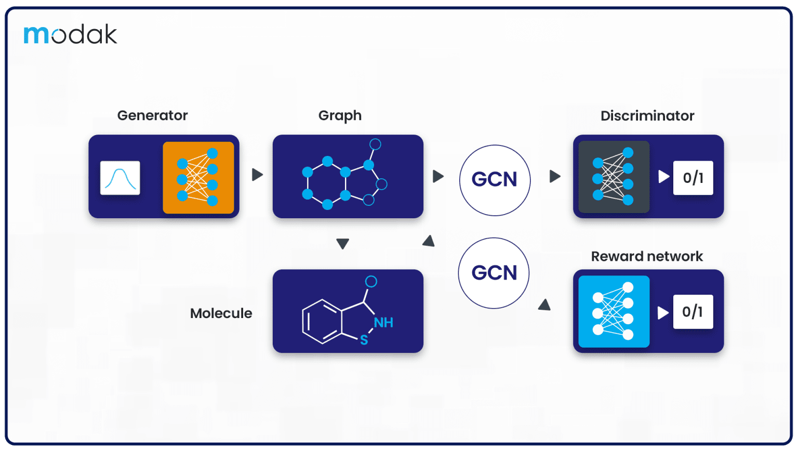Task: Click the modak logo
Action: [70, 34]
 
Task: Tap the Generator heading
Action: [152, 115]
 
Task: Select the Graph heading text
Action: [340, 115]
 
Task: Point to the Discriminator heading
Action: [647, 116]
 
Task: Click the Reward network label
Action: [646, 256]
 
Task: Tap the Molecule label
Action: [221, 313]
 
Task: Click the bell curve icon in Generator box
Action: [120, 178]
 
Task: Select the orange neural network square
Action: [198, 177]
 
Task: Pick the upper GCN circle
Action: [495, 180]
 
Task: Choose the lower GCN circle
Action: [494, 273]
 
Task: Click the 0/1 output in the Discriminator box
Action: [693, 178]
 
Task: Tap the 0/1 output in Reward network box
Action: [693, 312]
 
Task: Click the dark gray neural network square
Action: [614, 177]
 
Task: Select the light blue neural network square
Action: [614, 311]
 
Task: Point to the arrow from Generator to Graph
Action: [257, 175]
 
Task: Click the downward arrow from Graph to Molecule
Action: [342, 244]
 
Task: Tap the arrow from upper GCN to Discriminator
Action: [555, 176]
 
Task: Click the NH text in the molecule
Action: [383, 323]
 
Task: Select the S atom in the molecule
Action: [364, 340]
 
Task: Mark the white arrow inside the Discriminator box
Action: [663, 177]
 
